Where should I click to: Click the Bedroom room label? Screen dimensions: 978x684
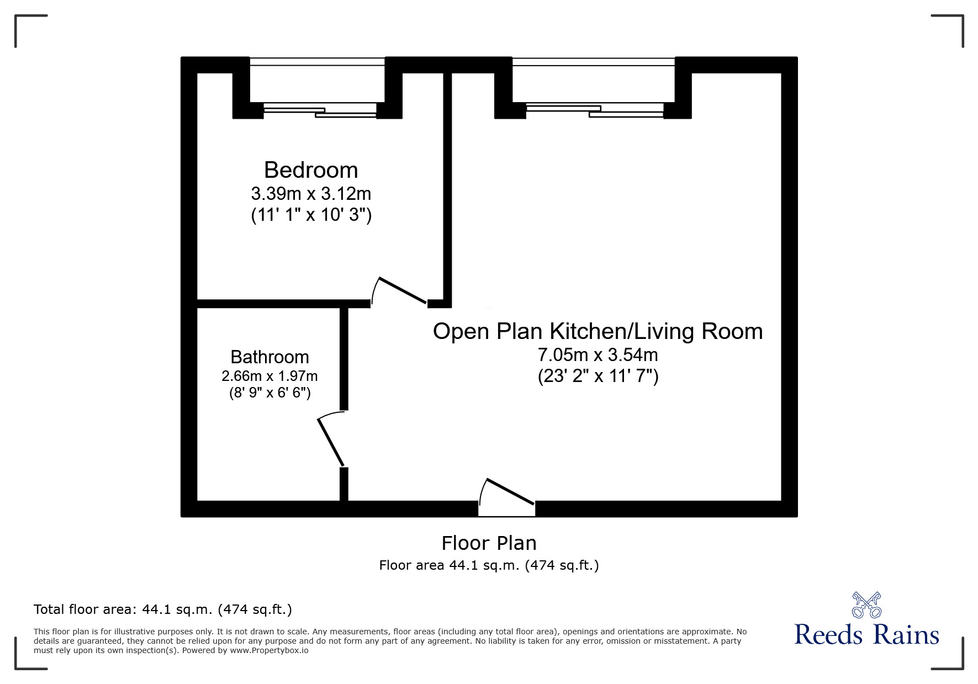point(311,170)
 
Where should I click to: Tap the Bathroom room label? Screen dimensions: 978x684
point(269,357)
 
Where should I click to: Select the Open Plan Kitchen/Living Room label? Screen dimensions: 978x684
point(598,331)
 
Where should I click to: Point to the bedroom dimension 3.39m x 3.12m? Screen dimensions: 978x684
point(311,194)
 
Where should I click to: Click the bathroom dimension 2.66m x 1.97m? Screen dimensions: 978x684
point(269,377)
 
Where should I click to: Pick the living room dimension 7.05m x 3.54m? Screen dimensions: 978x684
point(598,354)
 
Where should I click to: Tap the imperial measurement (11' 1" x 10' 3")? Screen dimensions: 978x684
point(311,215)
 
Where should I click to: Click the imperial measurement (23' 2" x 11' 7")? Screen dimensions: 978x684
point(598,377)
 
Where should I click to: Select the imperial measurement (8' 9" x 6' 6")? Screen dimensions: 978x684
point(269,393)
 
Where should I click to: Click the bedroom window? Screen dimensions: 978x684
point(318,87)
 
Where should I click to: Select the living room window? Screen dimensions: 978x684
point(594,87)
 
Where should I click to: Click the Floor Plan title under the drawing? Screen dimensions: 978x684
point(489,543)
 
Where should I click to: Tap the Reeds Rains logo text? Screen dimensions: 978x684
point(866,634)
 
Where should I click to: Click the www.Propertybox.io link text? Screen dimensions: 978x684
point(269,650)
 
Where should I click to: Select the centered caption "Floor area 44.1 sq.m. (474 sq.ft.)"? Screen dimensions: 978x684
point(489,565)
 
